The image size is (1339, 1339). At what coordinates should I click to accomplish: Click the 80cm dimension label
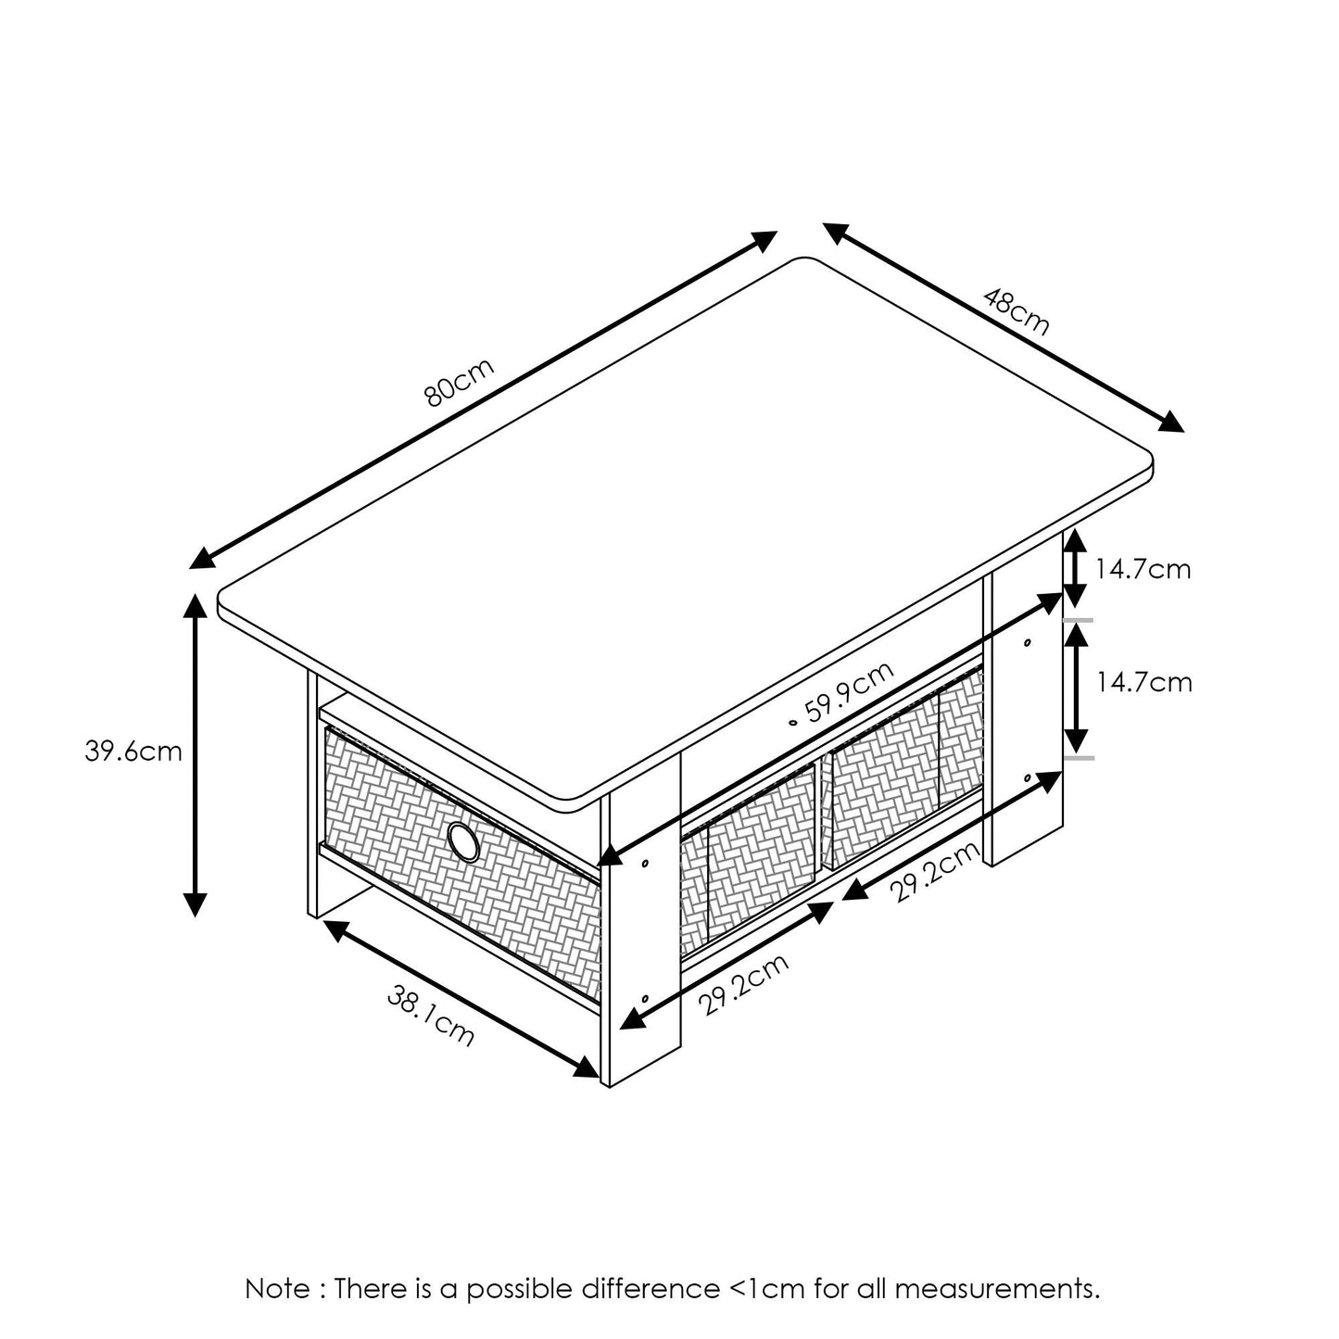coord(459,381)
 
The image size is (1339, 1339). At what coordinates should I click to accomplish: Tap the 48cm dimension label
coord(1017,311)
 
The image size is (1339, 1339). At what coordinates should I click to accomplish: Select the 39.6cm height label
coord(133,751)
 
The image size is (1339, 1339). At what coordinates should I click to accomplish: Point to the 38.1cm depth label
coord(430,1017)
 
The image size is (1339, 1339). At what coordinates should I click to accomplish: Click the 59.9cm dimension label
coord(848,694)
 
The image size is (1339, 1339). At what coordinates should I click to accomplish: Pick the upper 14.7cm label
coord(1143,568)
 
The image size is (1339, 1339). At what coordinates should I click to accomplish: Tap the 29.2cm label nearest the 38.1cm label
coord(741,984)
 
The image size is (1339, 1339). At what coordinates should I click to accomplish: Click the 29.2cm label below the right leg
coord(934,872)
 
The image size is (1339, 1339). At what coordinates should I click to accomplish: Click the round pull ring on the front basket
coord(462,840)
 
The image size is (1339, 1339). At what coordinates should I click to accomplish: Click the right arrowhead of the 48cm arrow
coord(1172,422)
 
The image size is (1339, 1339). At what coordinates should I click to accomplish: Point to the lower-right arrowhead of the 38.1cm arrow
coord(587,1068)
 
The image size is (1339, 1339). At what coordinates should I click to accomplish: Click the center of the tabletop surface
coord(686,528)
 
